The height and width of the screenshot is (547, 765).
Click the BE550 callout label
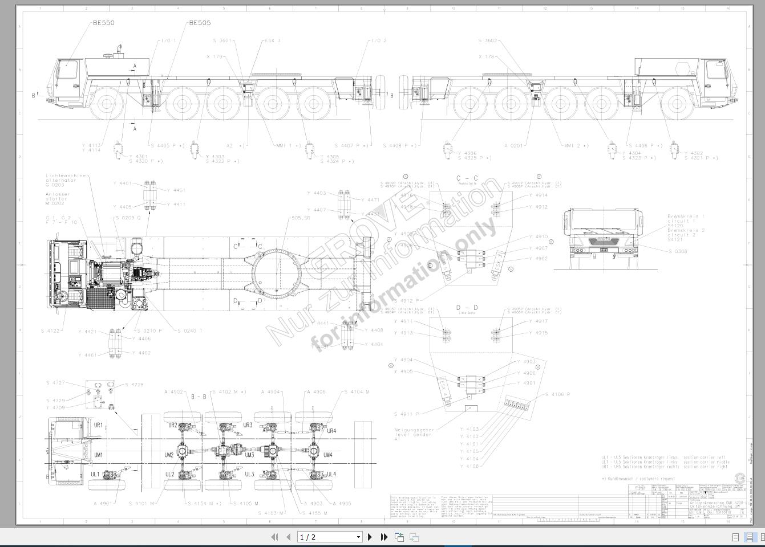click(x=103, y=23)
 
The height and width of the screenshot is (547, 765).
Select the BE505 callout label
click(x=200, y=23)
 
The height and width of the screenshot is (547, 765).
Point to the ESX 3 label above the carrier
click(x=273, y=41)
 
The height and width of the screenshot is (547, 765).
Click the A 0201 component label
click(x=513, y=146)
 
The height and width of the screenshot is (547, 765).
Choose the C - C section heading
click(x=467, y=178)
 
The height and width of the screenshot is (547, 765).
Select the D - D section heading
click(x=467, y=308)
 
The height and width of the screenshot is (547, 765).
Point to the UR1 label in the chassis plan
click(x=98, y=425)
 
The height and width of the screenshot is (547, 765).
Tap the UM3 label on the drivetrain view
click(x=249, y=455)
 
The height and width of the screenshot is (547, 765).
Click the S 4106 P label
click(x=557, y=394)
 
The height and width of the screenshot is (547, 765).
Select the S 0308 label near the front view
click(x=677, y=251)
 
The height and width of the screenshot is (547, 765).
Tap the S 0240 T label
click(x=190, y=331)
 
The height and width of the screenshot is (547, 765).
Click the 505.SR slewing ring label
click(x=301, y=218)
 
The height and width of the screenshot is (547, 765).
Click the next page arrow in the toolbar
click(x=370, y=537)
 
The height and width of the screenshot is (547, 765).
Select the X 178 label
click(x=487, y=57)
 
